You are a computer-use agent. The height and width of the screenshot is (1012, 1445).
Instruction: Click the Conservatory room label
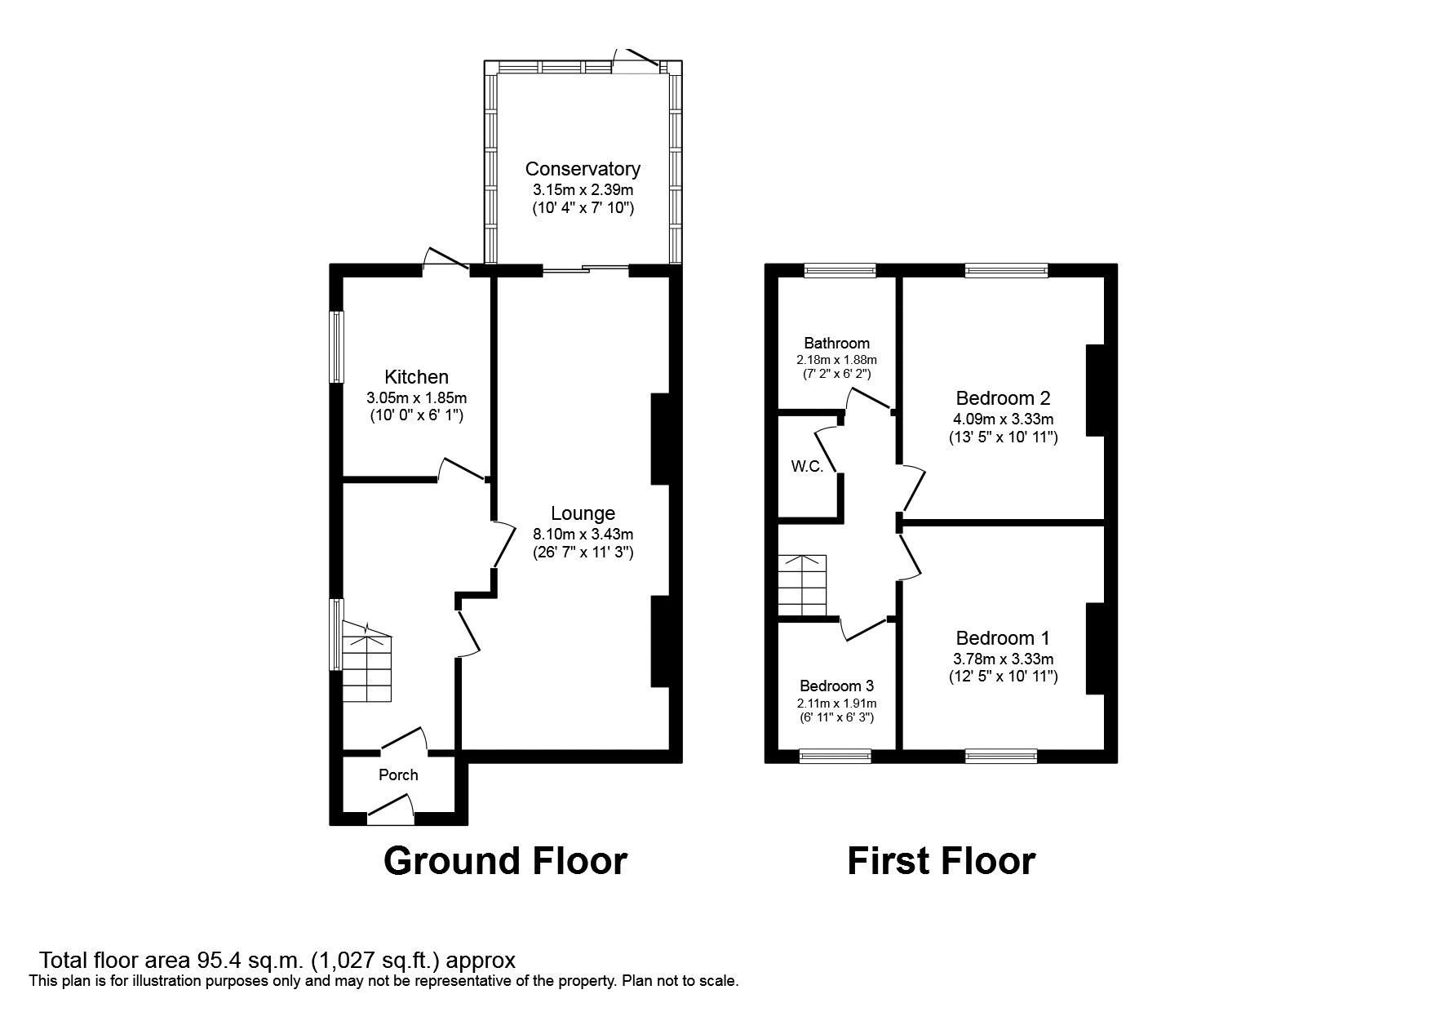[582, 169]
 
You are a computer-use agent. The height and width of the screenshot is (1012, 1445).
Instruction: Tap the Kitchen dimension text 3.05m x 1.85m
[416, 398]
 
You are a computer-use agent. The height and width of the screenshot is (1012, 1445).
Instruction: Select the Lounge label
[583, 513]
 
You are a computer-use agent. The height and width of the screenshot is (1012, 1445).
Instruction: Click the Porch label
[398, 775]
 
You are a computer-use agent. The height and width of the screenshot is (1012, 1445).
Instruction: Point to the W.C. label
[806, 467]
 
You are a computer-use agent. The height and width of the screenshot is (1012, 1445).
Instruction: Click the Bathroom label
[836, 343]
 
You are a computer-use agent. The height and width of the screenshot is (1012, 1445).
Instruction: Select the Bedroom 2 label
[1003, 398]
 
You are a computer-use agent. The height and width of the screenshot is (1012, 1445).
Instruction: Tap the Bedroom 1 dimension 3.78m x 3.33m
[1003, 659]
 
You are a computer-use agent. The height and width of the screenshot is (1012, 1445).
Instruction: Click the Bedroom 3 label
[836, 686]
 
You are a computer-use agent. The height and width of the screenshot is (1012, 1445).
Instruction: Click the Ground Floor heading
[505, 861]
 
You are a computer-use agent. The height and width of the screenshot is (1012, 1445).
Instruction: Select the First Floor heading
[941, 861]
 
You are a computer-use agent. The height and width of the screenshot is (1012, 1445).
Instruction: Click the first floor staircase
[802, 586]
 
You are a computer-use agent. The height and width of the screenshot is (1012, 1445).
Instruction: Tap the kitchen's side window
[336, 346]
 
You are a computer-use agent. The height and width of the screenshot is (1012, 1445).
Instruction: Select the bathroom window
[840, 270]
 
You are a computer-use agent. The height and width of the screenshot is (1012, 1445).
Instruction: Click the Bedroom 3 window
[836, 757]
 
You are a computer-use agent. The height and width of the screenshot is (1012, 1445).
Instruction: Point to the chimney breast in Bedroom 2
[1095, 390]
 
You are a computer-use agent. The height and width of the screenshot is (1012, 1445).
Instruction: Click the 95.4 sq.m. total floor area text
[277, 960]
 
